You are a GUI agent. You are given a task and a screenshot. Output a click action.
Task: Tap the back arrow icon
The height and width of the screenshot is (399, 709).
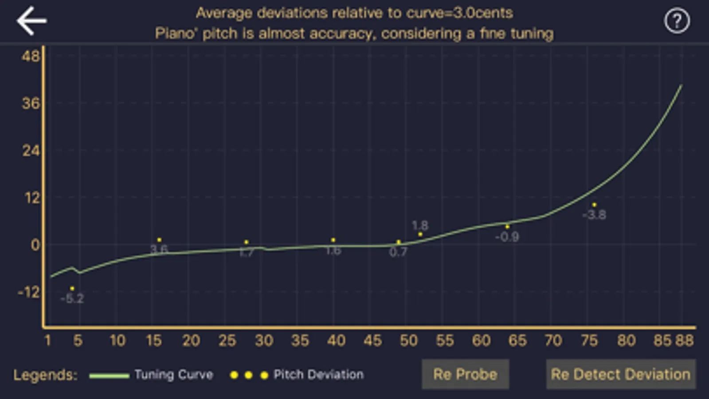click(31, 20)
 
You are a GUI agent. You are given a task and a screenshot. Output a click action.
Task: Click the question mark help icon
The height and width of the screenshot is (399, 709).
click(677, 21)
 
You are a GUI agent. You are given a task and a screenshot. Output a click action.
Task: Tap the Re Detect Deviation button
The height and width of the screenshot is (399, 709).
click(620, 375)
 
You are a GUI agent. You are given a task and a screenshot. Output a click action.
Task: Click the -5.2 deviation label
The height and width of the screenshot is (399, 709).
click(72, 298)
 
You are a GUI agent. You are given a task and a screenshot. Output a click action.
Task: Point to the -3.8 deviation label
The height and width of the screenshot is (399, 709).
click(594, 215)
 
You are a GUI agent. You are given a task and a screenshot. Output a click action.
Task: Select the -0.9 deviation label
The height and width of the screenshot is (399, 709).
click(507, 237)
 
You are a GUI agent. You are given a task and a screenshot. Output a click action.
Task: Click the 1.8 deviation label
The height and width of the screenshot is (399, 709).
click(420, 226)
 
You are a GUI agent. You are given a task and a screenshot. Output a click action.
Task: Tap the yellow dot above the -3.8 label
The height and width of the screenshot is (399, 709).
click(594, 205)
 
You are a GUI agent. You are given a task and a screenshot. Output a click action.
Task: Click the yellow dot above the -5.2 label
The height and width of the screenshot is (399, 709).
click(72, 289)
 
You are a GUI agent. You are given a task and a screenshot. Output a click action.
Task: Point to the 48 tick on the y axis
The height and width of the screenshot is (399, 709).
click(31, 56)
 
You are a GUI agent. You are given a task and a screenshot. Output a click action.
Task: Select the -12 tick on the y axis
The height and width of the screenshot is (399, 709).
click(28, 292)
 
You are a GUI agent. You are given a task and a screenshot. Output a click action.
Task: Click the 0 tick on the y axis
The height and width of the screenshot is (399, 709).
click(35, 245)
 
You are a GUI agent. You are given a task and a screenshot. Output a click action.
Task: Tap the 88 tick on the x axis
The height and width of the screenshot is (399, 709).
click(684, 340)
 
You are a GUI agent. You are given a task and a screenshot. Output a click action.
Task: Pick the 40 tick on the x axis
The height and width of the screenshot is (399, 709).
click(336, 340)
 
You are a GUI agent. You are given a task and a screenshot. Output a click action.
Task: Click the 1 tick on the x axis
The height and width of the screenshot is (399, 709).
click(48, 340)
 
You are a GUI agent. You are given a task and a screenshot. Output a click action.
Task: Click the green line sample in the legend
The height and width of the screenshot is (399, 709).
click(109, 376)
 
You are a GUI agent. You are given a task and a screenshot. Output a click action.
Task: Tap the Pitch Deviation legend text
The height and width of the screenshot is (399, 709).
click(318, 375)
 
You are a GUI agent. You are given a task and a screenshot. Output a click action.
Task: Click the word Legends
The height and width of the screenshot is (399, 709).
click(45, 375)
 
